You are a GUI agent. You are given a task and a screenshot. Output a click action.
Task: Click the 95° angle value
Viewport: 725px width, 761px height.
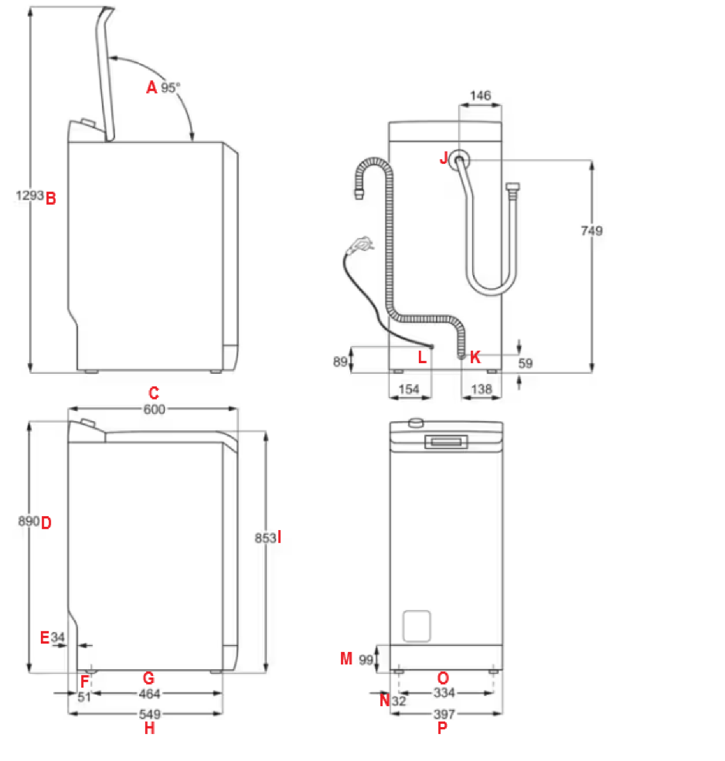[171, 87]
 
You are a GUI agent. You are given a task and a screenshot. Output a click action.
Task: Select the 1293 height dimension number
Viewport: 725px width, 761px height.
[29, 196]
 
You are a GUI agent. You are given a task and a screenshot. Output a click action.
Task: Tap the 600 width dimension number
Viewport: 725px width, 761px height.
[155, 409]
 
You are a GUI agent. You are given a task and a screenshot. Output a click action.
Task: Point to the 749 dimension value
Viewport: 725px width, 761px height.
[593, 230]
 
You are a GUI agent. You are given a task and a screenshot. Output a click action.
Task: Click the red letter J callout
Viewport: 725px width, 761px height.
[444, 158]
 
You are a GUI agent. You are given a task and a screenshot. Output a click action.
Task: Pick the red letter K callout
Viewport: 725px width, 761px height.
[475, 357]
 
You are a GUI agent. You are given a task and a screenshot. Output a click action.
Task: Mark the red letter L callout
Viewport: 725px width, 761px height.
[422, 357]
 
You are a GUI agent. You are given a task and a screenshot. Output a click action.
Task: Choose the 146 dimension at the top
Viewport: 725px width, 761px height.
[481, 96]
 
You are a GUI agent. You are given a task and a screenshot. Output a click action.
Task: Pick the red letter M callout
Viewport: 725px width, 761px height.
[346, 658]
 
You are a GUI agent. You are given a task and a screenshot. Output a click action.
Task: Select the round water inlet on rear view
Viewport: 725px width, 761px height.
[461, 161]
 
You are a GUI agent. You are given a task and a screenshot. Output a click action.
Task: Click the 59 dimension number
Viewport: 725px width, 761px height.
[526, 362]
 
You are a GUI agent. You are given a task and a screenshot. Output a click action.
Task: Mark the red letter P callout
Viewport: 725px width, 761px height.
[442, 728]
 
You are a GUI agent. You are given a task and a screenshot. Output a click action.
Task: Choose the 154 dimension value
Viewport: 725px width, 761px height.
[408, 390]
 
